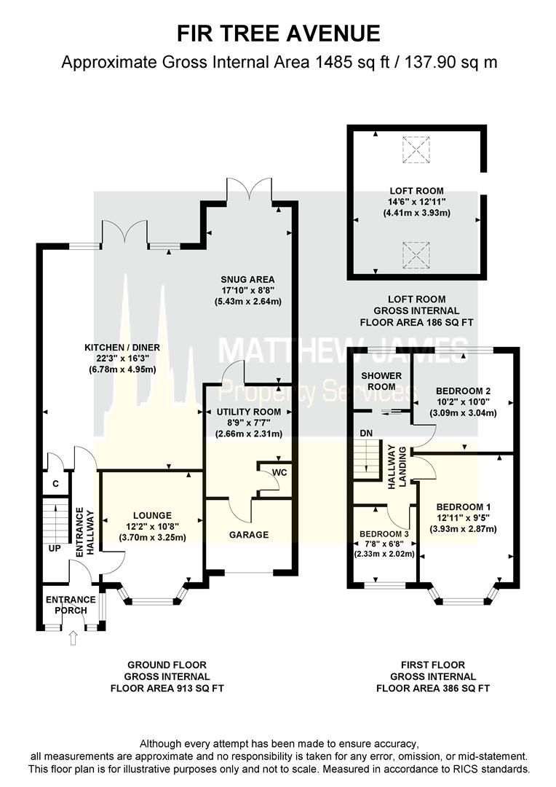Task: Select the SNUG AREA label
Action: tap(248, 278)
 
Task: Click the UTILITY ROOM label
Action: tap(248, 412)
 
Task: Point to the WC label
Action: tap(280, 472)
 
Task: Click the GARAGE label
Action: tap(249, 534)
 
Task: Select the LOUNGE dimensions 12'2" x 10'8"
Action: tap(151, 527)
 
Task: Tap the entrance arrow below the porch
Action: tap(72, 638)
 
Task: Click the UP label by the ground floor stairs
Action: tap(54, 548)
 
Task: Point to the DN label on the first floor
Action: tap(366, 434)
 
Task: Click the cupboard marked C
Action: tap(55, 483)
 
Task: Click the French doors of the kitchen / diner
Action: tap(124, 233)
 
